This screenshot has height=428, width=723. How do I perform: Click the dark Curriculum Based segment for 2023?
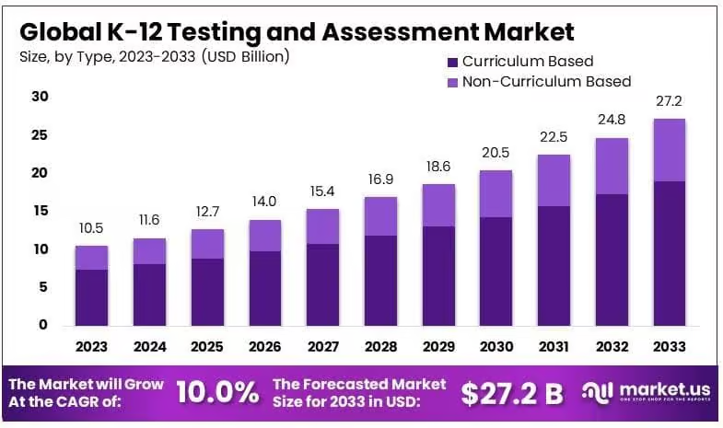tap(91, 296)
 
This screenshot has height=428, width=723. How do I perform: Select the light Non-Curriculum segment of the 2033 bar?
tap(669, 150)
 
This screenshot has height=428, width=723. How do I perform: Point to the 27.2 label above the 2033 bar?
tap(669, 101)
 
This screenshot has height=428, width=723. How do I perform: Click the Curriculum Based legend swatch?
tap(451, 62)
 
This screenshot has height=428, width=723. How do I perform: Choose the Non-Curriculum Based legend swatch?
tap(451, 82)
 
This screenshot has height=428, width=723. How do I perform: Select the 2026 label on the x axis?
tap(264, 347)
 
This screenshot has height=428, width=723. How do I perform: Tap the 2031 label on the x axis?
tap(553, 347)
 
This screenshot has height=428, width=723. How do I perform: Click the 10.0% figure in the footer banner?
tap(217, 393)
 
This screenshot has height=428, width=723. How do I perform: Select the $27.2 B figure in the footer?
tap(512, 393)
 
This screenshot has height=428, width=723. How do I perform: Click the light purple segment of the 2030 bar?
tap(496, 193)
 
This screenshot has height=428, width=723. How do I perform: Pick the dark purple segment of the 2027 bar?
tap(322, 283)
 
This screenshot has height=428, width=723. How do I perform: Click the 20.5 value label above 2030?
tap(496, 153)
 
